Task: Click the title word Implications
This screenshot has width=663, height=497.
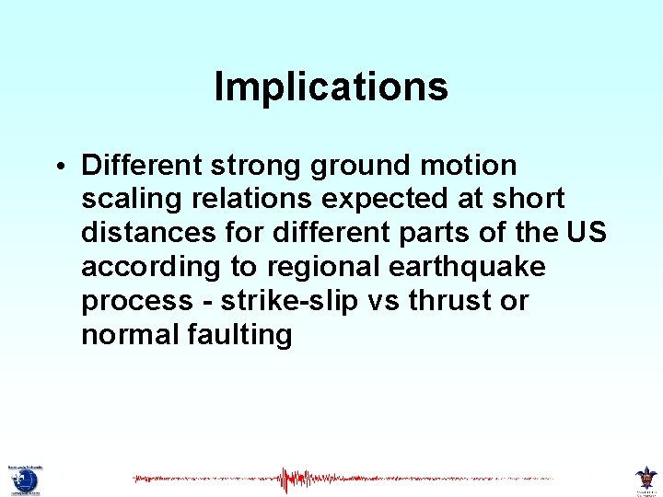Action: tap(331, 87)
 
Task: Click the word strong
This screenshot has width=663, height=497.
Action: tap(259, 167)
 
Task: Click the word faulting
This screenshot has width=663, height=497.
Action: tap(241, 335)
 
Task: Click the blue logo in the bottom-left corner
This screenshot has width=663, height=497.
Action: tap(25, 480)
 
